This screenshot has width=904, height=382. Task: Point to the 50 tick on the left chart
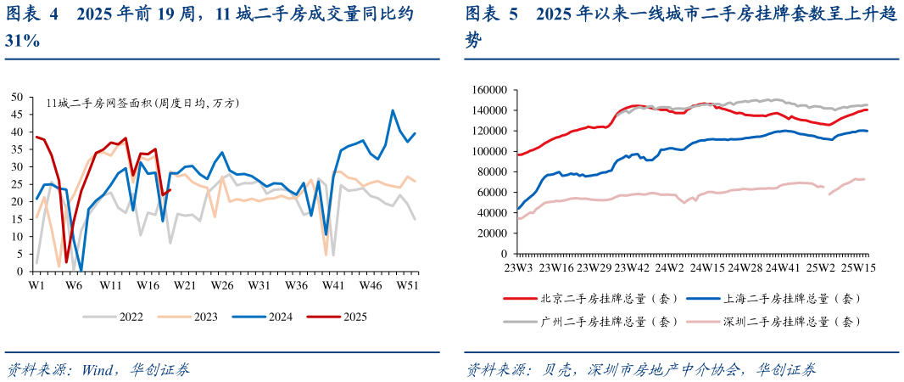point(18,97)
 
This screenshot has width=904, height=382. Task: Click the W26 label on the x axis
point(222,284)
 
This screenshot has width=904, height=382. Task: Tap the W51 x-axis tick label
point(408,284)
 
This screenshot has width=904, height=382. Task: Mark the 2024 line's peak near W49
point(393,110)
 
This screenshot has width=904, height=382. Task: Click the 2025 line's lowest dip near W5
point(66,261)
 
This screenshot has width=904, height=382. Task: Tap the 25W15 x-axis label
point(857,267)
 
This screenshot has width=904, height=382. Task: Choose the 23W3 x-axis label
point(518,267)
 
